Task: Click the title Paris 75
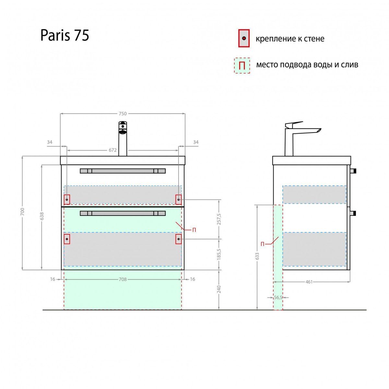click(65, 35)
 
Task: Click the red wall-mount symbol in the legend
click(244, 38)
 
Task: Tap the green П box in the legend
click(242, 65)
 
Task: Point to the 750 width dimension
click(123, 113)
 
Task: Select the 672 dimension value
click(112, 150)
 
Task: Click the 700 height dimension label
click(22, 212)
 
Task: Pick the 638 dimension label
click(41, 216)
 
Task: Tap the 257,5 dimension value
click(219, 219)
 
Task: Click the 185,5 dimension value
click(219, 254)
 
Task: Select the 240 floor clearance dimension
click(219, 289)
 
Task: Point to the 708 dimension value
click(123, 279)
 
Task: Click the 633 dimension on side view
click(257, 257)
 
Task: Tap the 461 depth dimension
click(309, 282)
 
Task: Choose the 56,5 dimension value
click(278, 297)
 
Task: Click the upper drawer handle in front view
click(123, 171)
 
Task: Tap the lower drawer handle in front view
click(123, 213)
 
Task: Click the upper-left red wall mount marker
click(67, 200)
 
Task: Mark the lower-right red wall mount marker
click(178, 239)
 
